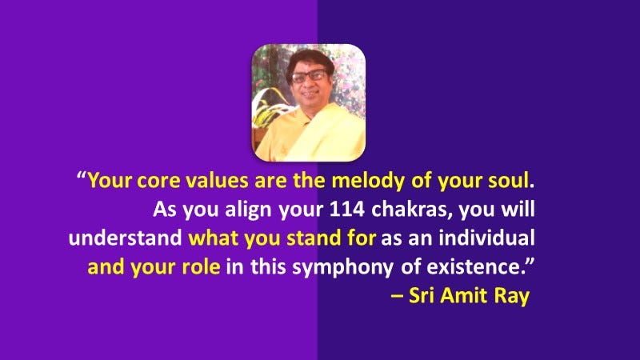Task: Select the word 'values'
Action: coord(204,181)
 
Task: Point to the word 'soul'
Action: coord(506,181)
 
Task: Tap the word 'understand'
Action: coord(126,238)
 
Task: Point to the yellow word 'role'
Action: coord(200,267)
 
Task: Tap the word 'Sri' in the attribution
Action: coord(421,296)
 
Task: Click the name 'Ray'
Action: coord(511,296)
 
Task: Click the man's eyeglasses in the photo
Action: coord(309,78)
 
